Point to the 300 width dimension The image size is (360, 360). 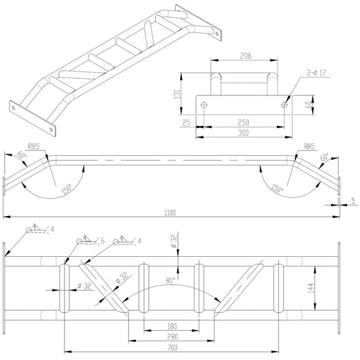click(x=242, y=132)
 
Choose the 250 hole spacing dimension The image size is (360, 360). click(x=242, y=123)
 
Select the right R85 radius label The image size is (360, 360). click(x=309, y=147)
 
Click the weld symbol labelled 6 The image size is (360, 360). click(x=102, y=240)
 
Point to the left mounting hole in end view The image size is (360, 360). click(x=204, y=105)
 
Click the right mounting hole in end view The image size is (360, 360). click(x=285, y=105)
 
